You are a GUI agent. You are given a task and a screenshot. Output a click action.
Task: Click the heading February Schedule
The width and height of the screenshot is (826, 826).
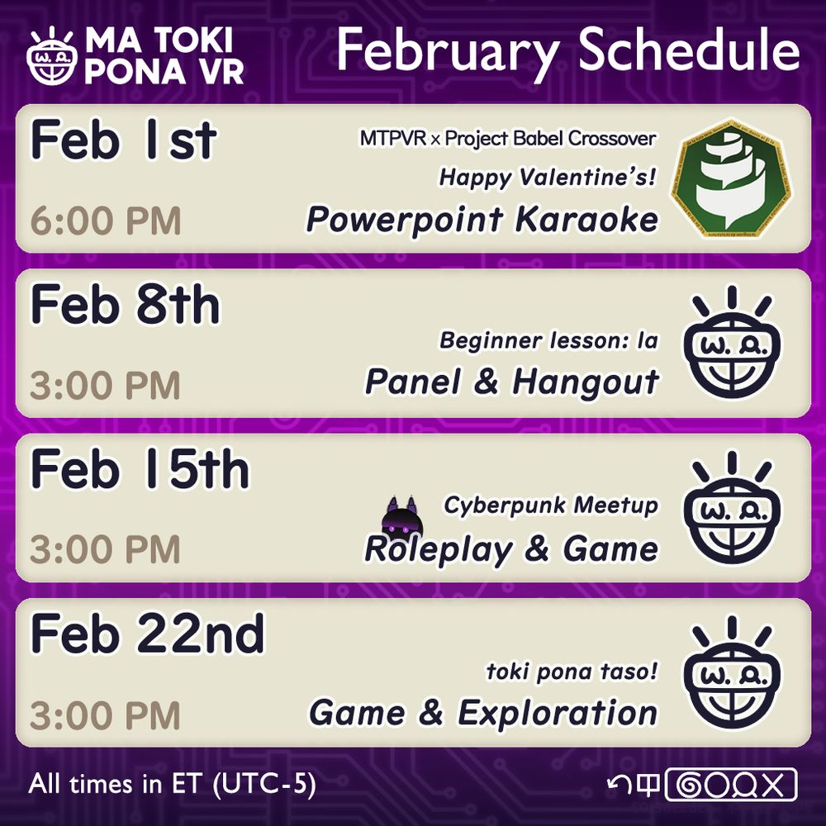point(567,51)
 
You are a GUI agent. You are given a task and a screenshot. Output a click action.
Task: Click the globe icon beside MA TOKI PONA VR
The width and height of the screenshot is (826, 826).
point(51,57)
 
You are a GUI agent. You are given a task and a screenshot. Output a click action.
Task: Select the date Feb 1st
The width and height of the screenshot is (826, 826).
point(123,140)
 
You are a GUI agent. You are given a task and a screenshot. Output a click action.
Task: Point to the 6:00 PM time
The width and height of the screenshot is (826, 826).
point(106,221)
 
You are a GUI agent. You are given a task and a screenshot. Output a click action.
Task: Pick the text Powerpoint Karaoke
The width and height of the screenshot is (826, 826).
point(482,220)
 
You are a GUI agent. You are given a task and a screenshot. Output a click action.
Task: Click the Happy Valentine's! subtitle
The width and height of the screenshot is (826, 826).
point(548,176)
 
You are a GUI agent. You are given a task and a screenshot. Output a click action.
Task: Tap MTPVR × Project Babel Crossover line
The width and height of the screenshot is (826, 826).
point(507,138)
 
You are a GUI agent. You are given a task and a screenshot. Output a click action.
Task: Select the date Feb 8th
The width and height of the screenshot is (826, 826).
point(126,305)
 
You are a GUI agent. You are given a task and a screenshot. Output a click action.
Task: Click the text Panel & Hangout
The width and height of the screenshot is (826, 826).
point(511,382)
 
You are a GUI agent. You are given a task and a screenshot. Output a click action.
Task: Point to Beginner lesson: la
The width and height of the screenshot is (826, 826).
point(548,339)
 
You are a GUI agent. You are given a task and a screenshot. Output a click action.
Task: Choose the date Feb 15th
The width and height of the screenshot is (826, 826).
point(140,470)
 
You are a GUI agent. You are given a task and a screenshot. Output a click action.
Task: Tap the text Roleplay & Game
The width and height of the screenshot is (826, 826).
point(511,549)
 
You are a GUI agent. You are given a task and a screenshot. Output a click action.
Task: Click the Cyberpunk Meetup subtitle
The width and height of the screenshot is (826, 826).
point(550,505)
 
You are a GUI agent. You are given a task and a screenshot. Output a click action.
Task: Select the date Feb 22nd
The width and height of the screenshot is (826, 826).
point(148,634)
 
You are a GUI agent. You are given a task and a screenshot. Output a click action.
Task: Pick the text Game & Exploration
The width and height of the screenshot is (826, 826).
point(483,713)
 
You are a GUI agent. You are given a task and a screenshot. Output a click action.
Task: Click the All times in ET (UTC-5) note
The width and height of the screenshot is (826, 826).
point(172,784)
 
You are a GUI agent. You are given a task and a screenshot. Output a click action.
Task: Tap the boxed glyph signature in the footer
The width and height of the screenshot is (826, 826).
point(731,784)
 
